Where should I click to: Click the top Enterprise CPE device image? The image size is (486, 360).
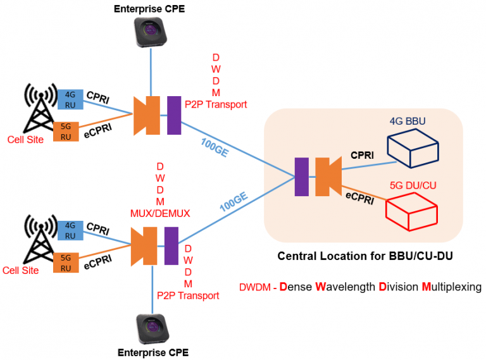(151, 31)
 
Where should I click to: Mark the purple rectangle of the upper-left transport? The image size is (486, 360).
(174, 115)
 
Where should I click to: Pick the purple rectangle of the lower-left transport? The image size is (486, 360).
(171, 245)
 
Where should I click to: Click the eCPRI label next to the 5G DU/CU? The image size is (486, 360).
(358, 198)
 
